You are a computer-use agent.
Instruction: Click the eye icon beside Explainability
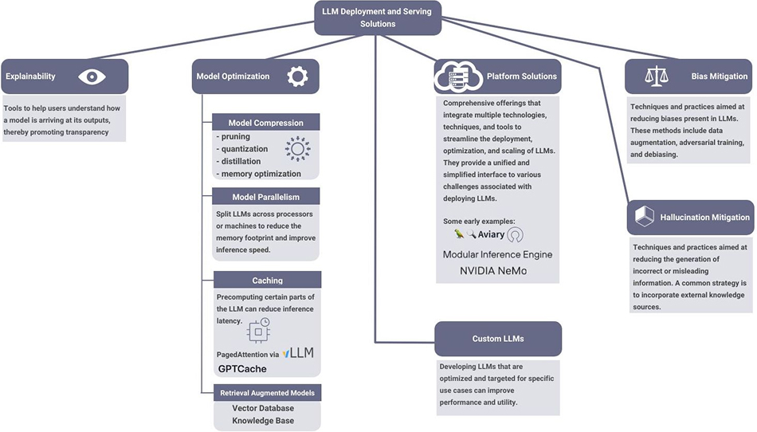point(92,77)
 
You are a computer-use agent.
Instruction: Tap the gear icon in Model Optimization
point(297,77)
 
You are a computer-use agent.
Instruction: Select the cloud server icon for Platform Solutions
point(458,77)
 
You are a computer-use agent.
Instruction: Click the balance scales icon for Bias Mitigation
point(657,77)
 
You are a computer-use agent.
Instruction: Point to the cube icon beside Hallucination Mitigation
point(644,216)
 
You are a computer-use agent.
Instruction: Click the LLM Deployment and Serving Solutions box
point(378,18)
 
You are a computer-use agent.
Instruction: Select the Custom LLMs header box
point(498,339)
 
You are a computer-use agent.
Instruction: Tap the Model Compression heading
point(266,123)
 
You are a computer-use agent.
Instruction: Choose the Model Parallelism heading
point(266,197)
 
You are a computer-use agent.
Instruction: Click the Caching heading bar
point(268,280)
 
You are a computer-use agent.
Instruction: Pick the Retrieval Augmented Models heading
point(268,393)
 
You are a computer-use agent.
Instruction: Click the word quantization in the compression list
point(245,149)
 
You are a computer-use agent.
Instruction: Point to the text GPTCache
point(242,369)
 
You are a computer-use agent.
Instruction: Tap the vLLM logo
point(298,353)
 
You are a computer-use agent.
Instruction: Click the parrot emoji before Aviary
point(459,234)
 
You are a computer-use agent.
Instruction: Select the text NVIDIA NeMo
point(493,271)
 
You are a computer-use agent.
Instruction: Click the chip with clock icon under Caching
point(259,332)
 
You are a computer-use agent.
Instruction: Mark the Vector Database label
point(263,408)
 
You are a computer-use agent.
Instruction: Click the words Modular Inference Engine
point(498,254)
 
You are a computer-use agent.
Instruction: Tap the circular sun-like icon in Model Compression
point(297,149)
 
